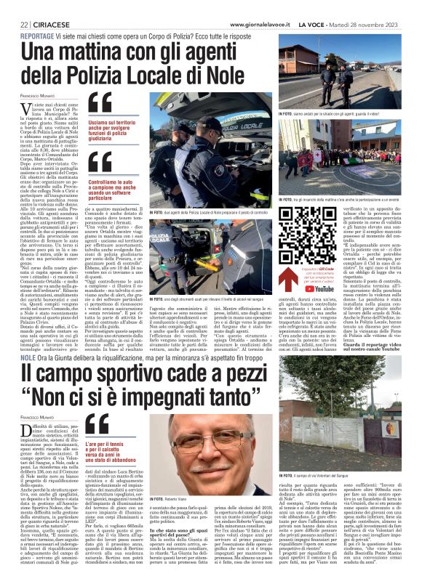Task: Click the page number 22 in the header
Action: coord(13,7)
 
